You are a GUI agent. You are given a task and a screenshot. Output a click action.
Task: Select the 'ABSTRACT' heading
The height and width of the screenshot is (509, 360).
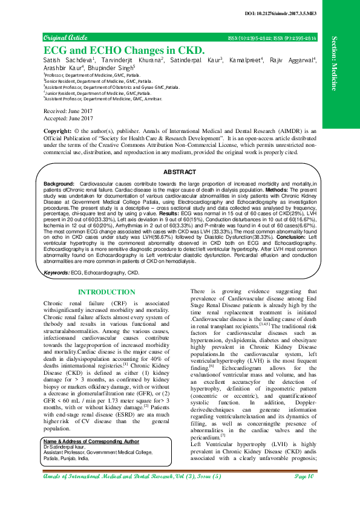coord(180,172)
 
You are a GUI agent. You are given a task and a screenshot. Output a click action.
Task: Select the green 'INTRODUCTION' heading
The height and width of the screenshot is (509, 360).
coord(107,292)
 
